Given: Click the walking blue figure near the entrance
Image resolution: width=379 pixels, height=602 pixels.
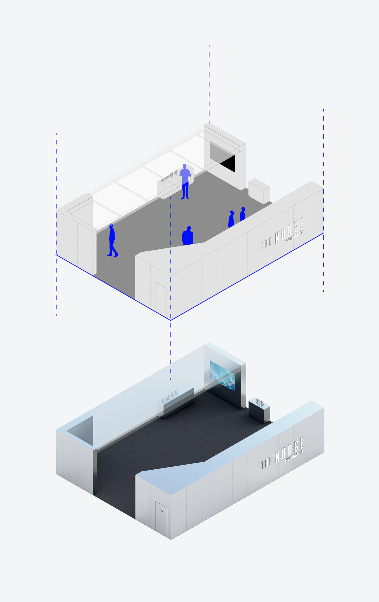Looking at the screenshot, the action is [112, 240].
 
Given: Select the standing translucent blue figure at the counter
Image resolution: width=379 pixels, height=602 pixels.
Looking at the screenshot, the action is [185, 181].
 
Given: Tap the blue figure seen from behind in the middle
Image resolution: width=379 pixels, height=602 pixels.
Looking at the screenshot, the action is [187, 236].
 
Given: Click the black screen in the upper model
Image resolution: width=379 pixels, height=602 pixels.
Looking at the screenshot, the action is [228, 163].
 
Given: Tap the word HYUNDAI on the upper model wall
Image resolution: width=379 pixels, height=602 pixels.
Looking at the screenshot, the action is [293, 237].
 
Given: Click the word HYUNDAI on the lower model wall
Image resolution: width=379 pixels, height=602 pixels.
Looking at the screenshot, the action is [293, 457].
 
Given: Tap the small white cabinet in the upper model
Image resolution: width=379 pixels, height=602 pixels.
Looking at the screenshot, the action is [259, 191].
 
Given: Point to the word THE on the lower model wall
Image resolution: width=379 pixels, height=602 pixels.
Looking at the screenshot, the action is [266, 463].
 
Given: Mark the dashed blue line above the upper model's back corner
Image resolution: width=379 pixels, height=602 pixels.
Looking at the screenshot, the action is [209, 84].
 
